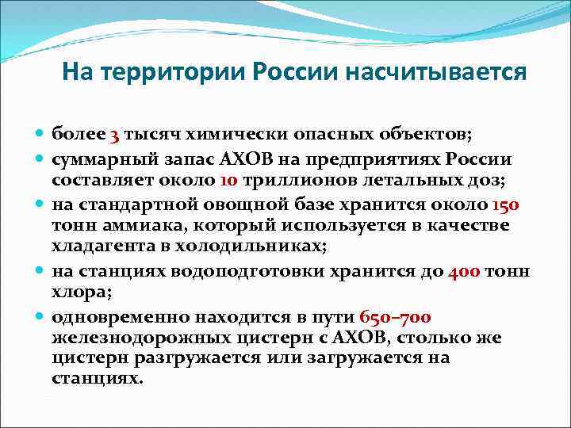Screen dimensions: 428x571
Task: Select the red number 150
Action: [x=505, y=204]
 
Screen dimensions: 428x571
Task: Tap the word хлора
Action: [x=78, y=293]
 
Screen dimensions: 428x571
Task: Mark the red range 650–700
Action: [x=395, y=318]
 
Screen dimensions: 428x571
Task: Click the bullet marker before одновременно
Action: [x=42, y=316]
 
